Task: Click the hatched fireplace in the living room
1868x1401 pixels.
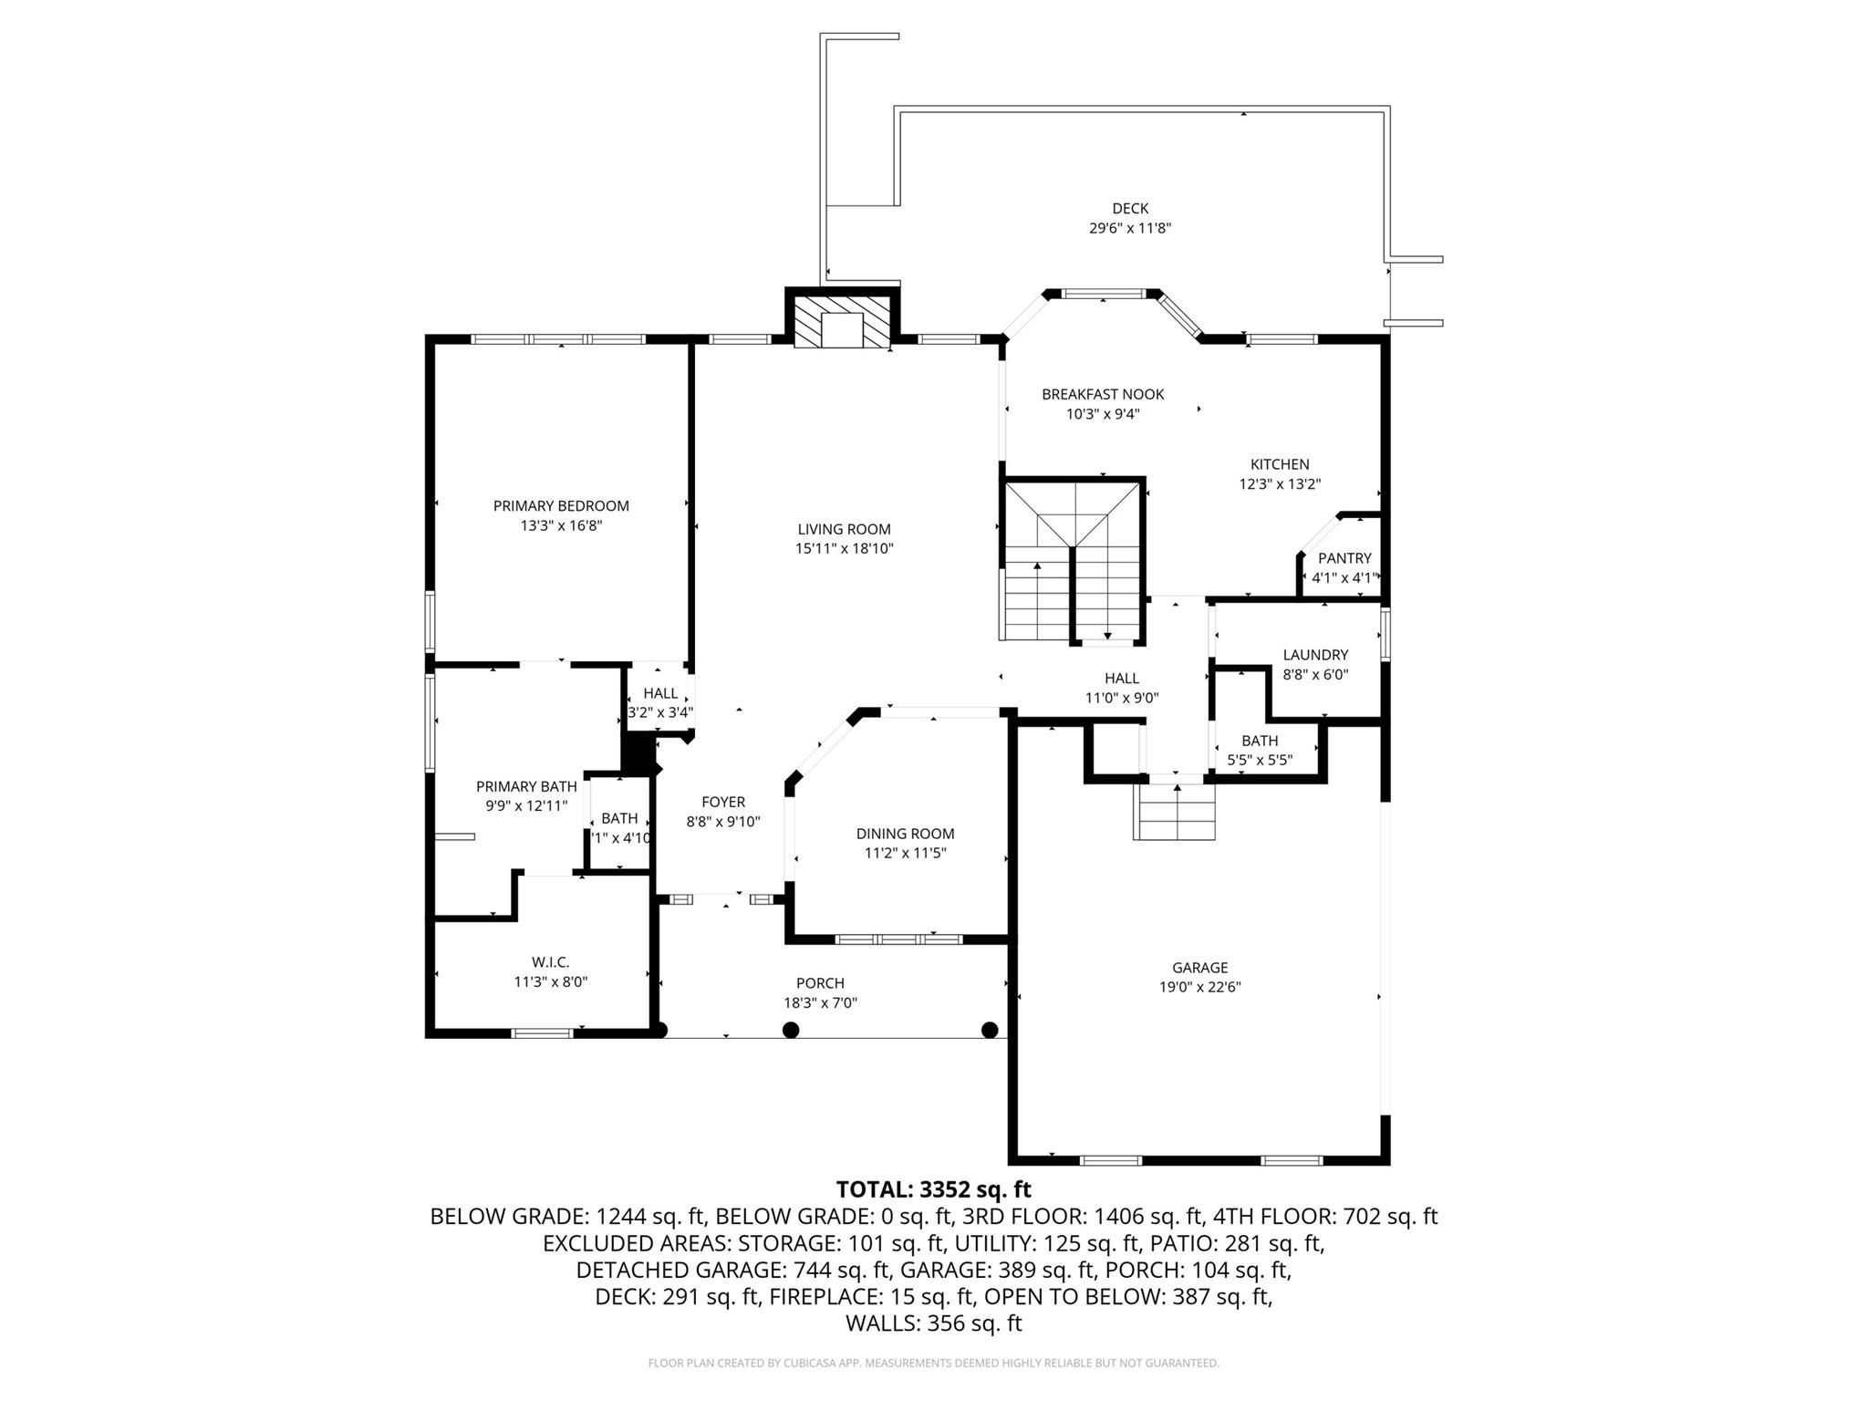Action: click(842, 320)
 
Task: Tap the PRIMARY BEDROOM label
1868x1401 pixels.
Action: click(561, 506)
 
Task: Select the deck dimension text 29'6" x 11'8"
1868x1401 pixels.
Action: click(1129, 229)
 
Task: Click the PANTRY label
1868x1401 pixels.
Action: click(1344, 558)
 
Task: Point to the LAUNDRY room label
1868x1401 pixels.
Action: click(1314, 655)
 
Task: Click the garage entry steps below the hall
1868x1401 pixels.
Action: click(1175, 812)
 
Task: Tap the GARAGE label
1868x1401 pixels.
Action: click(1199, 968)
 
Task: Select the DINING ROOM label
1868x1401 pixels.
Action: click(905, 834)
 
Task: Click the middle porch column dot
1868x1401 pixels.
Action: click(791, 1030)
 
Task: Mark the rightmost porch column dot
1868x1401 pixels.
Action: click(989, 1030)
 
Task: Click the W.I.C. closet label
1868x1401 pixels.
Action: click(550, 962)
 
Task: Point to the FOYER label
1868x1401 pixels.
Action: click(722, 802)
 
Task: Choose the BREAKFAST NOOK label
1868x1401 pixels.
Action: click(1103, 394)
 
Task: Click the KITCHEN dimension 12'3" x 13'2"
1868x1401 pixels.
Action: click(1279, 484)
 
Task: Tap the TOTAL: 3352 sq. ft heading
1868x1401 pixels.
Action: click(933, 1189)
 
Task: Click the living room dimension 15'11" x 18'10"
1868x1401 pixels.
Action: click(843, 549)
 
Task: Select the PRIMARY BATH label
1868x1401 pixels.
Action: click(526, 786)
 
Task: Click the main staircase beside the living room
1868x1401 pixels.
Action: click(1073, 561)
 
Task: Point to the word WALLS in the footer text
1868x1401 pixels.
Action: click(882, 1323)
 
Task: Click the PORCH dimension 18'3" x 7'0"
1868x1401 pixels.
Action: click(819, 1003)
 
